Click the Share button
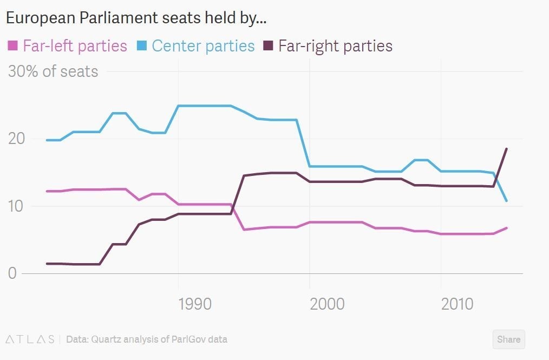[508, 339]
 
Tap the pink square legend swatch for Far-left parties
[13, 46]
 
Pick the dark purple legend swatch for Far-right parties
[269, 46]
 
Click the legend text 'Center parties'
[203, 46]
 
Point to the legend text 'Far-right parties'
[335, 46]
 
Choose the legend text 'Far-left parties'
[75, 46]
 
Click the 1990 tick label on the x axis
[195, 304]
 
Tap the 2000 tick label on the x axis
[327, 304]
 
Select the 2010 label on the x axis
[457, 304]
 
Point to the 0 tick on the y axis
[12, 273]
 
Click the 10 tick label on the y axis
[16, 206]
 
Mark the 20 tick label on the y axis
[16, 139]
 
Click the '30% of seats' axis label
[53, 71]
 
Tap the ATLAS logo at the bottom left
[30, 339]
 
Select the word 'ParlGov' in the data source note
[188, 339]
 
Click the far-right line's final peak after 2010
[506, 149]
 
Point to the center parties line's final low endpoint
[506, 201]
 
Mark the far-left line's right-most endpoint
[506, 228]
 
